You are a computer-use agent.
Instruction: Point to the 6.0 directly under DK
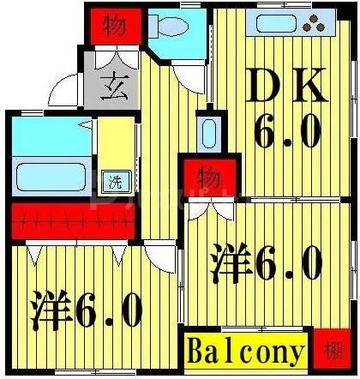(288, 133)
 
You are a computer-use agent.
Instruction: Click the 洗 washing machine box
(113, 181)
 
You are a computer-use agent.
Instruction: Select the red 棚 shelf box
(332, 352)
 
